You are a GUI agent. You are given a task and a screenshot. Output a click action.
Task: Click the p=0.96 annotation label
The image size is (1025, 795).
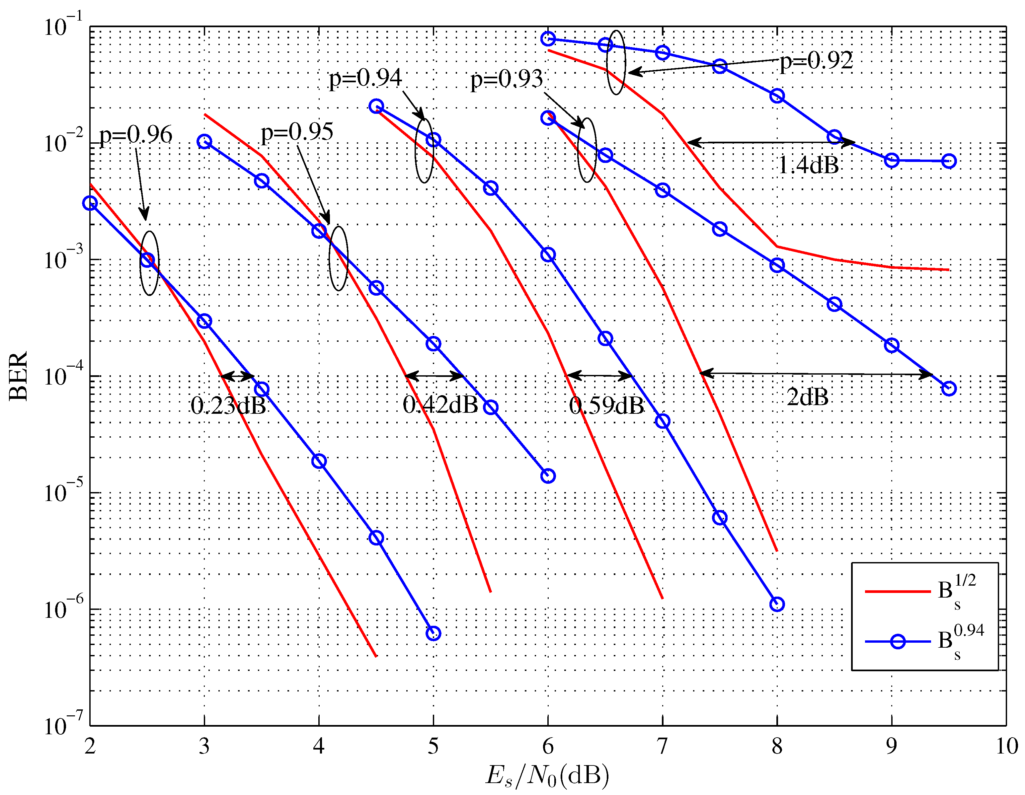(136, 135)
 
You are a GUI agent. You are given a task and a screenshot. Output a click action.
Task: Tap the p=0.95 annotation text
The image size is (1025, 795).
(297, 132)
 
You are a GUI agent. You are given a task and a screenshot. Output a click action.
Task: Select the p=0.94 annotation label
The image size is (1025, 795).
(365, 78)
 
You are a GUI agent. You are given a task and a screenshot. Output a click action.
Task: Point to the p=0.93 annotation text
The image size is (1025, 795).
(507, 79)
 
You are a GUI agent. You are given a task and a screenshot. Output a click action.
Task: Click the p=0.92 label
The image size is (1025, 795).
(816, 60)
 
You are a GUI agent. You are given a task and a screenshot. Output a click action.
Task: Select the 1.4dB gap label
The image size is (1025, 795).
(808, 165)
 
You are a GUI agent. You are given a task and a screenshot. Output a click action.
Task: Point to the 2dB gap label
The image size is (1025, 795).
(807, 397)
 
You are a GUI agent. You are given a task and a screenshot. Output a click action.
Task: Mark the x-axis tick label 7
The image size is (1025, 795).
(662, 746)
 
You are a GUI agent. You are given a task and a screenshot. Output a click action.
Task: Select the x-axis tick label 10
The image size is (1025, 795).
(1006, 746)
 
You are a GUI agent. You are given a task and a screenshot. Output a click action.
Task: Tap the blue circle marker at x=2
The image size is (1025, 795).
(90, 203)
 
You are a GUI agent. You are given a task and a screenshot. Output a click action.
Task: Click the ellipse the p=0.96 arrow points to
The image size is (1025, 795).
(149, 263)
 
